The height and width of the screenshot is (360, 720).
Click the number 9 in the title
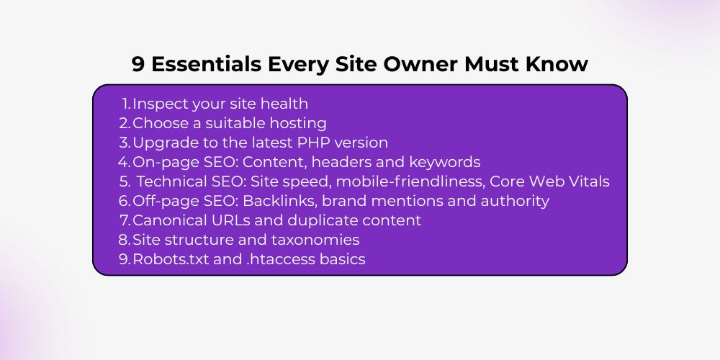138,64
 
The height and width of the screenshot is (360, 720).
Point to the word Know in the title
557,64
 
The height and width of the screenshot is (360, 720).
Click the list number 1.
127,104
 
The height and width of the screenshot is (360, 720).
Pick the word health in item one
284,104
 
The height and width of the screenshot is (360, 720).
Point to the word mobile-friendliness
410,182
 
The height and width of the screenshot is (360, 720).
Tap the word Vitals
589,182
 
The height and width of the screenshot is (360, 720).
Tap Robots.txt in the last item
171,259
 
